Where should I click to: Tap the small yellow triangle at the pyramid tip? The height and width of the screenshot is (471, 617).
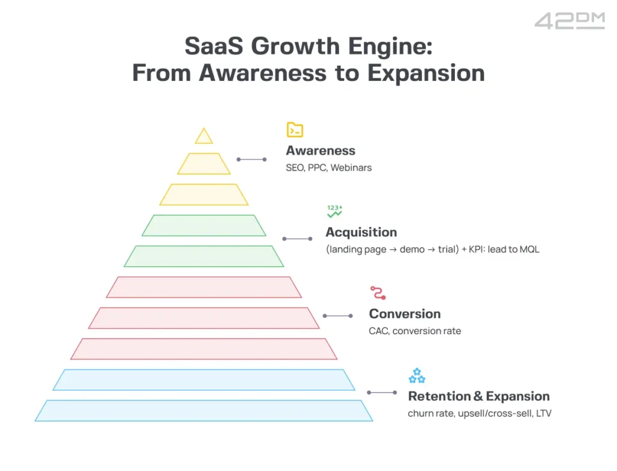coord(204,137)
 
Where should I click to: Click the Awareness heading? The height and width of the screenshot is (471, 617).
coord(321,151)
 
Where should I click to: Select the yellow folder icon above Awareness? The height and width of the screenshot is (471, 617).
coord(295,130)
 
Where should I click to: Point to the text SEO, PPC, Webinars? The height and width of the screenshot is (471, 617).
coord(328,168)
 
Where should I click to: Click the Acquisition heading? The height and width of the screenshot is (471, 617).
coord(361,232)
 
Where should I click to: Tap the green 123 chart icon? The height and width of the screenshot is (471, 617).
coord(334,211)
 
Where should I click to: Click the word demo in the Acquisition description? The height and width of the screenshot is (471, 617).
coord(416,249)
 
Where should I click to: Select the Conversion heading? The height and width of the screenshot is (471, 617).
coord(404,314)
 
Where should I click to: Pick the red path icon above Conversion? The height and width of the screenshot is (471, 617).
coord(377,293)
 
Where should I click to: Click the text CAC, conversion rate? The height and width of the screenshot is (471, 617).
coord(415,330)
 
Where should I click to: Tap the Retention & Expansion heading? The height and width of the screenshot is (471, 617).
coord(478,396)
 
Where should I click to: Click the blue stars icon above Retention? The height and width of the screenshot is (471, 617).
coord(416,376)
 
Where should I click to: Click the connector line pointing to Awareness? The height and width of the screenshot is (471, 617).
coord(251,159)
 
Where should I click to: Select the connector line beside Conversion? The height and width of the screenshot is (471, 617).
coord(337,315)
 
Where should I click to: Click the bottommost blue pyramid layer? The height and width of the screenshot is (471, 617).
coord(204,410)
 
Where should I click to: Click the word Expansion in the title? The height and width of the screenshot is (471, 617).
coord(427,73)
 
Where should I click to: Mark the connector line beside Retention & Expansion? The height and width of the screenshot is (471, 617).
coord(381,393)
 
